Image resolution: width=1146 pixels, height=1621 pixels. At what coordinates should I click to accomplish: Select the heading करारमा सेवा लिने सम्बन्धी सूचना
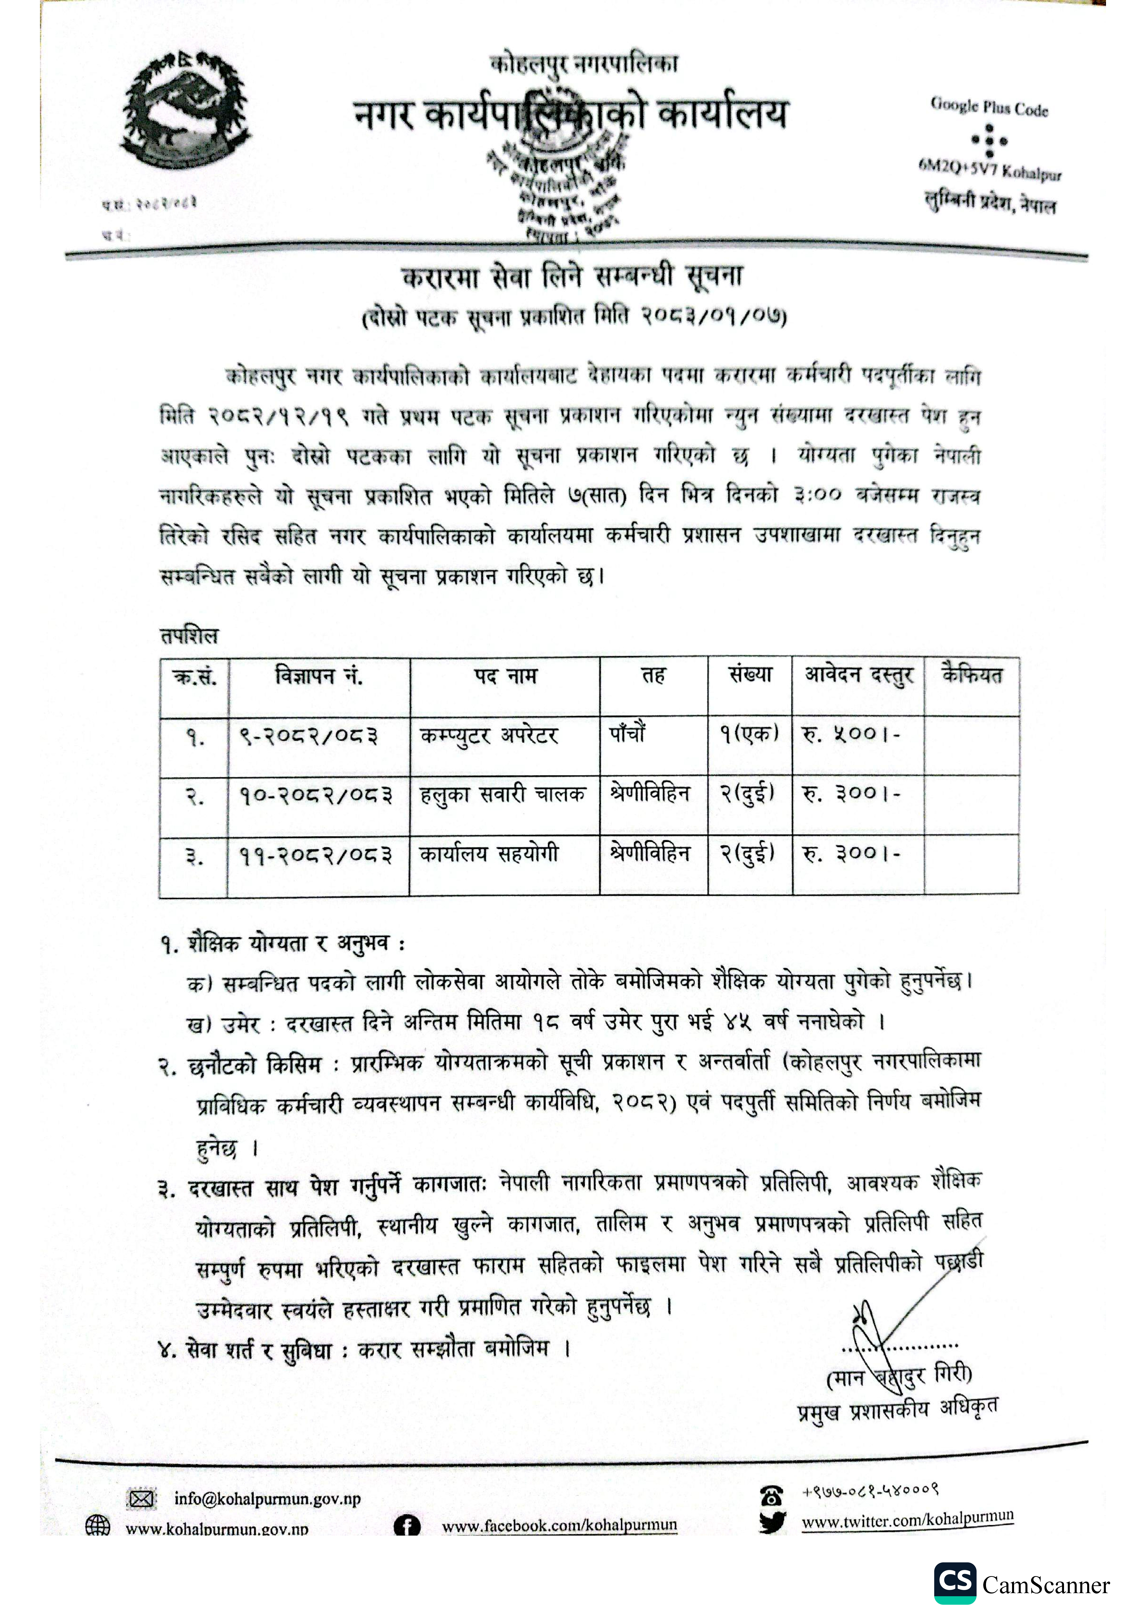click(572, 276)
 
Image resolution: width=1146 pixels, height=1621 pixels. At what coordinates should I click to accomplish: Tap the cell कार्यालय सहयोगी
click(489, 854)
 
